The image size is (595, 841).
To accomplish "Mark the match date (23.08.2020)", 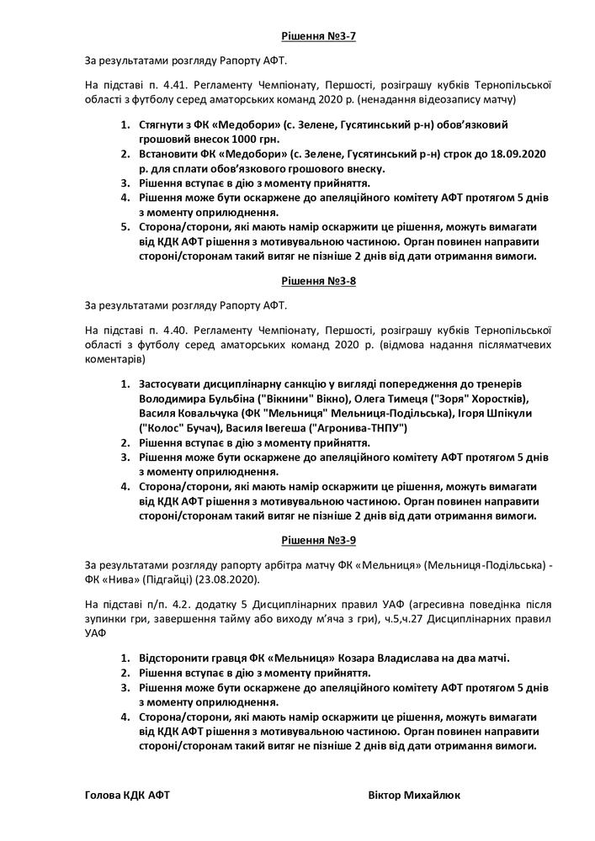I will pos(230,580).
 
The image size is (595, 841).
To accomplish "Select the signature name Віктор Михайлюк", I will pos(414,795).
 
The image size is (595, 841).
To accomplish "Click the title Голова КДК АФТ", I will pos(127,795).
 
